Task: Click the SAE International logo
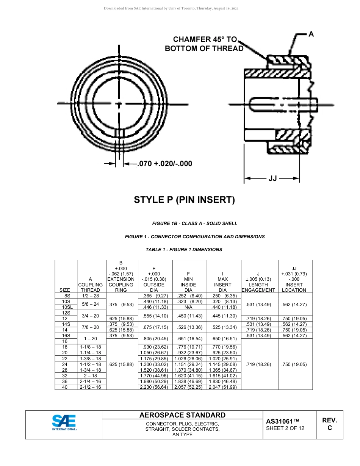pyautogui.click(x=64, y=422)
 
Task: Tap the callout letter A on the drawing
pyautogui.click(x=311, y=34)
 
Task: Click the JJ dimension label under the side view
pyautogui.click(x=272, y=178)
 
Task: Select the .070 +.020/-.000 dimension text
pyautogui.click(x=164, y=164)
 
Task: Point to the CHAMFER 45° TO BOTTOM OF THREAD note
pyautogui.click(x=204, y=44)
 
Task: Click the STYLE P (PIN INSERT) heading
pyautogui.click(x=185, y=200)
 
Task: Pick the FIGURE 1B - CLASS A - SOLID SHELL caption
pyautogui.click(x=195, y=224)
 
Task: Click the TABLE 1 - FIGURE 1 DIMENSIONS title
pyautogui.click(x=184, y=250)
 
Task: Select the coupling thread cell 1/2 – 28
pyautogui.click(x=91, y=296)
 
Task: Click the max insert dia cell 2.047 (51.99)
pyautogui.click(x=222, y=387)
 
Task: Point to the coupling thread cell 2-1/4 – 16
pyautogui.click(x=91, y=381)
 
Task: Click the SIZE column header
pyautogui.click(x=65, y=290)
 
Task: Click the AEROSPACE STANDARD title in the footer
pyautogui.click(x=182, y=415)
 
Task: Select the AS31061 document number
pyautogui.click(x=283, y=421)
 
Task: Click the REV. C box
pyautogui.click(x=329, y=424)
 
